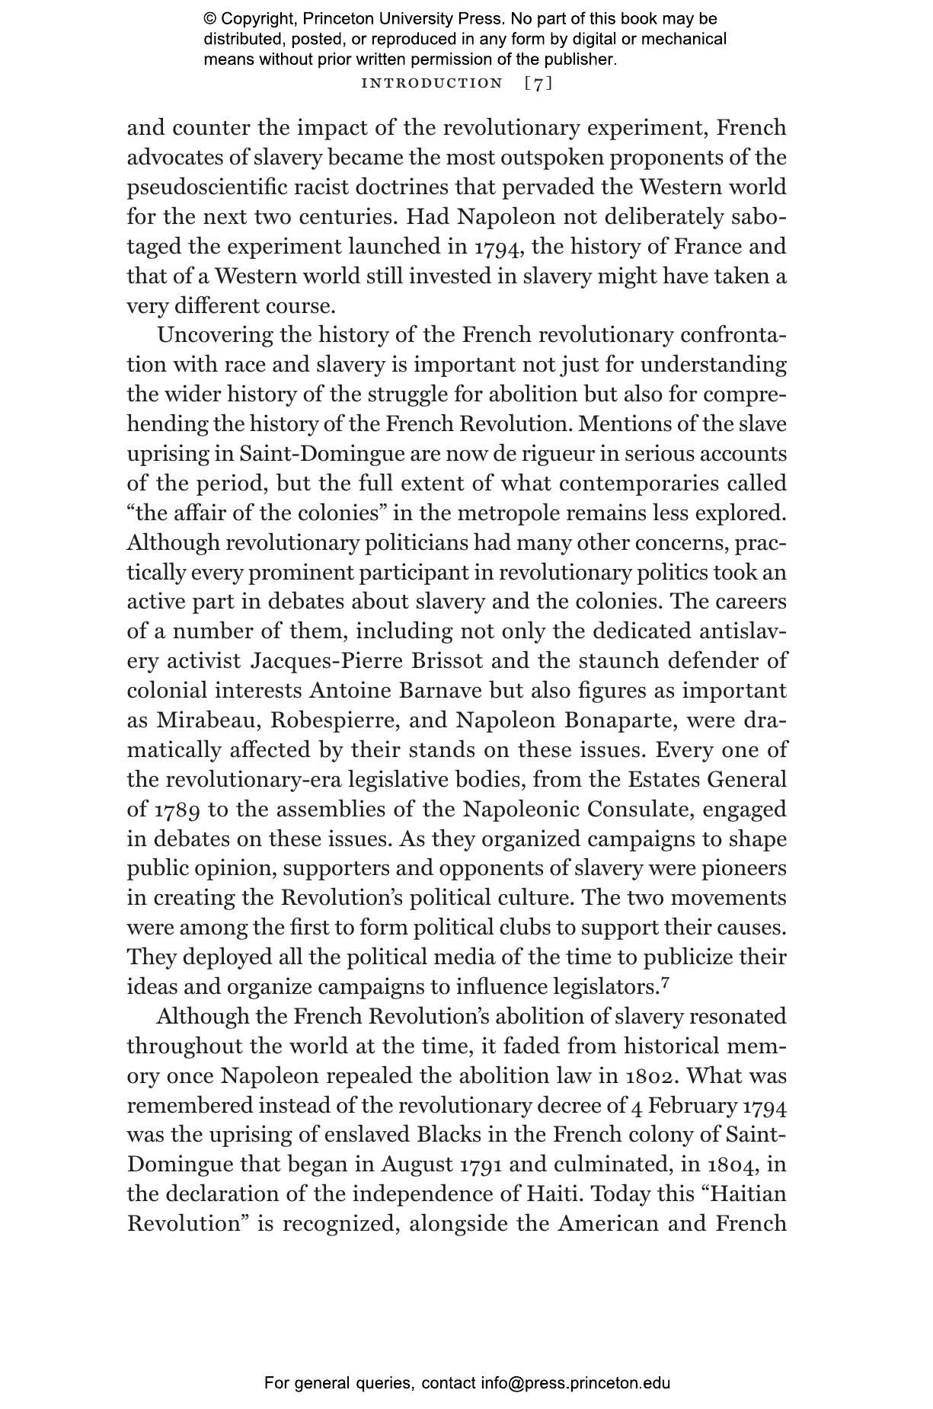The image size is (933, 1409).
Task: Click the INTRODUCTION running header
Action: (x=432, y=83)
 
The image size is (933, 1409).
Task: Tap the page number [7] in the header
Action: (x=538, y=83)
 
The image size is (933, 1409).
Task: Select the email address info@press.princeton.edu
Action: (x=575, y=1383)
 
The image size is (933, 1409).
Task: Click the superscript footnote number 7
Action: (x=666, y=982)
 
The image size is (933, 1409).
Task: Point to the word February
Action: (x=693, y=1105)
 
